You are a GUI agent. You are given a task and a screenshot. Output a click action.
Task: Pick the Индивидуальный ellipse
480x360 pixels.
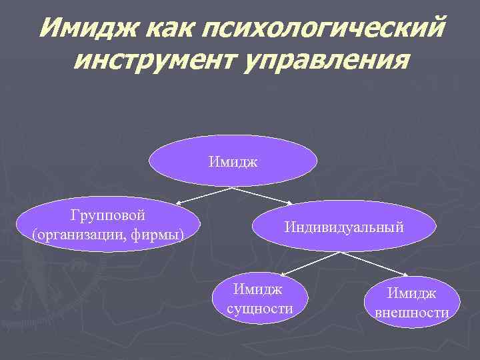point(343,226)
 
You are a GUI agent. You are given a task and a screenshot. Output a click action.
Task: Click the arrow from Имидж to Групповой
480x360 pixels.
point(203,195)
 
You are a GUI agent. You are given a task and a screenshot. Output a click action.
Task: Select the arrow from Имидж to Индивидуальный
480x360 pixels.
point(263,195)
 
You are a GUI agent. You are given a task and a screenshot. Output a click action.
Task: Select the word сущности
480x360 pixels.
point(260,309)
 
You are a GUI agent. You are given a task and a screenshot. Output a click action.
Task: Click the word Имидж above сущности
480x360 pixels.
point(258,289)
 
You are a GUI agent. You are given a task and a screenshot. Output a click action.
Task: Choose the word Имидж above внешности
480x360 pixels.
point(413,293)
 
